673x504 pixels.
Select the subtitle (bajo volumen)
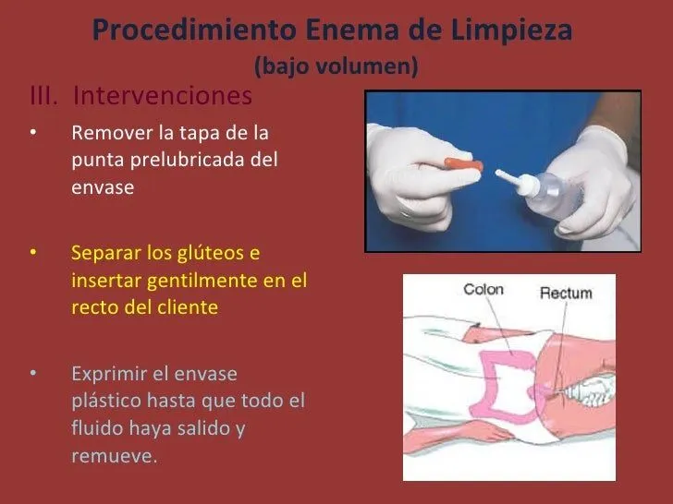[336, 66]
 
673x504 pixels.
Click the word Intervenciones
[161, 96]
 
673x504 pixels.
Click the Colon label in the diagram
[483, 290]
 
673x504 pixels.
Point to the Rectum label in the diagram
[565, 294]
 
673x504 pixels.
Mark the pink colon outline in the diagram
[499, 388]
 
